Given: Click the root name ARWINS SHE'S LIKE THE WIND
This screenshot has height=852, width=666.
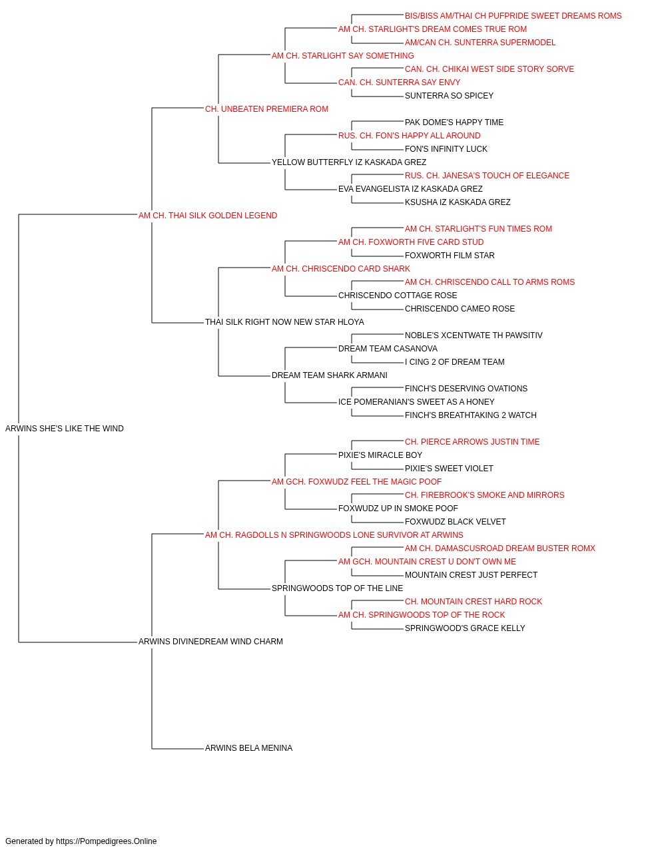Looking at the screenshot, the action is click(65, 429).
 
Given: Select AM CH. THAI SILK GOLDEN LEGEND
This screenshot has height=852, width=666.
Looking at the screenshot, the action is click(208, 216).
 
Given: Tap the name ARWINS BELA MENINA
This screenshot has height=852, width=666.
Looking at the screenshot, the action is click(248, 748).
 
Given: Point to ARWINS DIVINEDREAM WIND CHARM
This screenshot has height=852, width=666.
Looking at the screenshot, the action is click(210, 642).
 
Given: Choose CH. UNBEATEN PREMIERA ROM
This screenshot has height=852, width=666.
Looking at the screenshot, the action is click(266, 109).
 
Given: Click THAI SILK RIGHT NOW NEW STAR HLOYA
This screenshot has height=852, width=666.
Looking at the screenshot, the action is click(284, 322).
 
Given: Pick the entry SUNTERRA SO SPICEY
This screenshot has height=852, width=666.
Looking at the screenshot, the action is click(449, 96).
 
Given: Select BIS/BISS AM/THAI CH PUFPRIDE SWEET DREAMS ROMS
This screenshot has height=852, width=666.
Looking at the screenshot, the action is click(513, 16).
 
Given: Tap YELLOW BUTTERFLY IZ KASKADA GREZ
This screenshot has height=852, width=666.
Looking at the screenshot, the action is click(349, 162).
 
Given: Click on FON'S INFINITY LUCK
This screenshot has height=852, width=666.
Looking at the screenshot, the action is click(446, 149).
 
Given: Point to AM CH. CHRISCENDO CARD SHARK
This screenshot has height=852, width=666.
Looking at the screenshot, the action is click(341, 268).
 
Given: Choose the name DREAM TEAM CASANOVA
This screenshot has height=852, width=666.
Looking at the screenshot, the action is click(388, 349).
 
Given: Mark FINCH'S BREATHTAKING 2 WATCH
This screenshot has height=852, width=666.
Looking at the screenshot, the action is click(471, 415).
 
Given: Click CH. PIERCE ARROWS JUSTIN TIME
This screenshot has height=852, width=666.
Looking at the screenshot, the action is click(472, 442).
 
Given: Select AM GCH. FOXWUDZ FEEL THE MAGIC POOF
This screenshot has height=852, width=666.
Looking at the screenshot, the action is click(356, 481).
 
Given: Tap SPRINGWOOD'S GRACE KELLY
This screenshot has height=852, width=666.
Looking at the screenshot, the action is click(465, 628).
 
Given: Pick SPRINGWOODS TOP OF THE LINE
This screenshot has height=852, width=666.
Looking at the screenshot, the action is click(337, 588).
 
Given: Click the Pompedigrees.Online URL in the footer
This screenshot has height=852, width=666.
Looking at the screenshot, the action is click(107, 841).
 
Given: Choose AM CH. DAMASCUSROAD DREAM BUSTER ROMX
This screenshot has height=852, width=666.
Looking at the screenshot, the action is click(500, 548).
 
